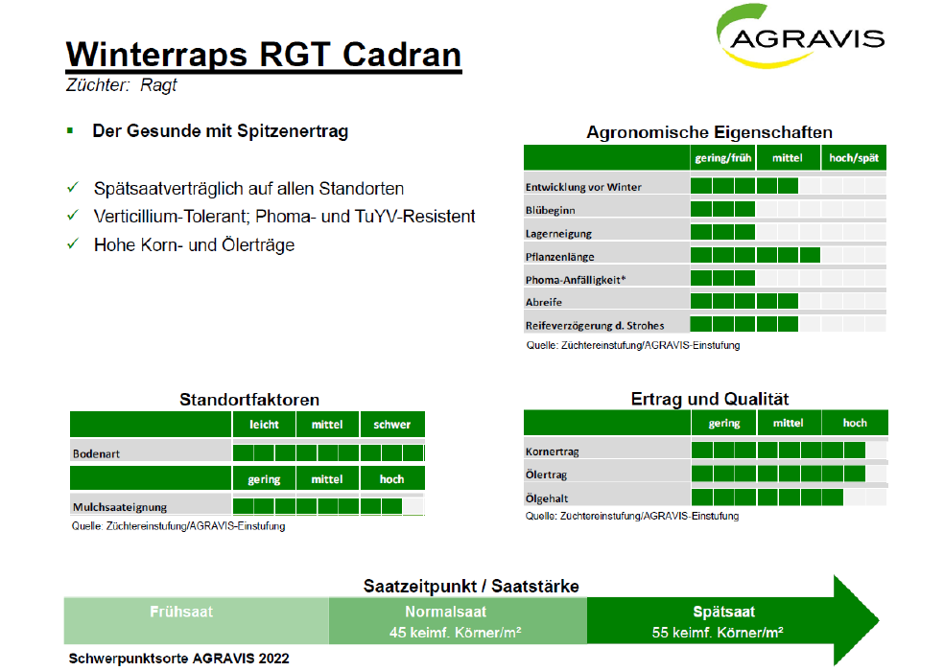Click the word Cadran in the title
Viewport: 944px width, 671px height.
(402, 55)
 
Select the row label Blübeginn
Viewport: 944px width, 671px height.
(551, 210)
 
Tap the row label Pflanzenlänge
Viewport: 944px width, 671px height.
(560, 257)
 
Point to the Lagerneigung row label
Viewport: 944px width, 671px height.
(558, 234)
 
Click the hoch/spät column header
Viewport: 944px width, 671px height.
(854, 157)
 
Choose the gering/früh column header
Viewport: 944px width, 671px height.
(723, 157)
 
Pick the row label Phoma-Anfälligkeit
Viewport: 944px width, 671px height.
(576, 280)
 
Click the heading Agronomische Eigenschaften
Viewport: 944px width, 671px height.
(709, 131)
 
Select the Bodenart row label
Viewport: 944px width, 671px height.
(96, 453)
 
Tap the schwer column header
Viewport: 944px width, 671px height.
(392, 425)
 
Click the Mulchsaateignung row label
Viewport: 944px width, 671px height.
(120, 507)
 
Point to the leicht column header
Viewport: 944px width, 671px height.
(264, 425)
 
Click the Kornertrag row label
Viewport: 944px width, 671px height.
(552, 451)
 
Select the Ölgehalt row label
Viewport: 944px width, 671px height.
(547, 498)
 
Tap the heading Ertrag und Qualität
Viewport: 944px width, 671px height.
(710, 399)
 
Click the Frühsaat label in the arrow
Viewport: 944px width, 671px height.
(181, 612)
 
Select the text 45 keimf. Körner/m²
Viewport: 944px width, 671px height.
(455, 633)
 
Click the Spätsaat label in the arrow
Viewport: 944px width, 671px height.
(723, 612)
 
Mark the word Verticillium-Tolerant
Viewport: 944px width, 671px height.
(171, 216)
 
